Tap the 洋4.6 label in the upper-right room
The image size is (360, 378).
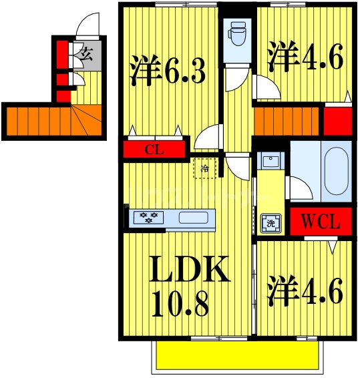click(306, 57)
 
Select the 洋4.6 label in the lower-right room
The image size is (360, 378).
click(306, 292)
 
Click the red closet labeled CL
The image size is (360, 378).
click(155, 150)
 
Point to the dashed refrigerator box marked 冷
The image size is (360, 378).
click(205, 168)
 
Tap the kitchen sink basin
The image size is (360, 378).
click(194, 218)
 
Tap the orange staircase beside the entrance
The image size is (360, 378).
click(47, 122)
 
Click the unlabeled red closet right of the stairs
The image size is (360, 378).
click(337, 121)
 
